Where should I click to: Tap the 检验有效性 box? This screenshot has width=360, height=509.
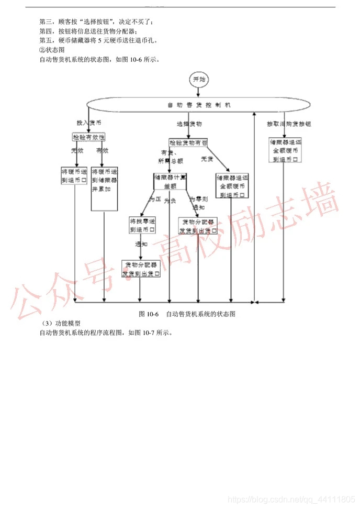click(88, 137)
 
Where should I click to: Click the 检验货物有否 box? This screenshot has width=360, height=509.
click(188, 142)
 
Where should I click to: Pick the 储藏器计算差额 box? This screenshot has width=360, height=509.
click(171, 181)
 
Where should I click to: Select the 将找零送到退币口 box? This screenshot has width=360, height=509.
click(142, 225)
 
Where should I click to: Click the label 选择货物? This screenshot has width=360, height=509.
click(189, 124)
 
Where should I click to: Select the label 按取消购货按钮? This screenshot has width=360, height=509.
click(288, 124)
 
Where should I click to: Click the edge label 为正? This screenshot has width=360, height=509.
click(153, 200)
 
